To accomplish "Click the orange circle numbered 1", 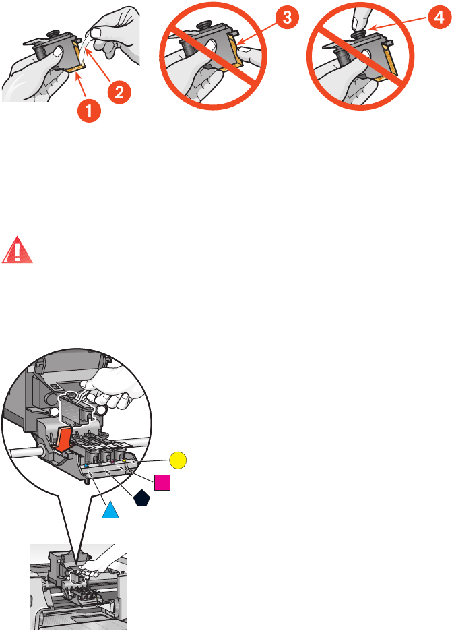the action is tap(92, 104).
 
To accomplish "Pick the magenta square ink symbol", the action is tap(161, 483).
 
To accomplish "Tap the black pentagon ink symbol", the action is tap(141, 498).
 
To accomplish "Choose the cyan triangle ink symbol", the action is tap(110, 510).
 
